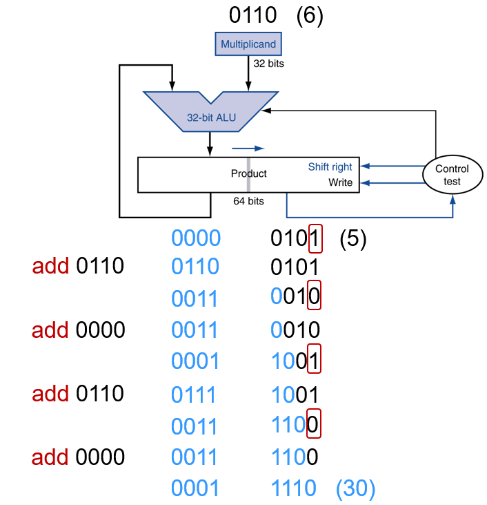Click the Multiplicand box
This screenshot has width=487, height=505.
click(248, 44)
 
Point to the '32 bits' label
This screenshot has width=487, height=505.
click(269, 64)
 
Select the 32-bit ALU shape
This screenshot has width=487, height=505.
click(210, 110)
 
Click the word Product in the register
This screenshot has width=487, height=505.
click(248, 173)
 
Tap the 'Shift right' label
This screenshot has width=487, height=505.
click(330, 166)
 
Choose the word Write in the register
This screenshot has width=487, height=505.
click(341, 183)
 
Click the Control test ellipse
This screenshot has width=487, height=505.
click(453, 175)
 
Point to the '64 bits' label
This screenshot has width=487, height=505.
click(248, 201)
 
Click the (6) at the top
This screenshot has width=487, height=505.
click(309, 15)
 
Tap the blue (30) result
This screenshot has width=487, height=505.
click(355, 488)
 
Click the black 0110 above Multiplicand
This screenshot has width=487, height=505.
click(253, 15)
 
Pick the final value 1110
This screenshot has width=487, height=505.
click(294, 488)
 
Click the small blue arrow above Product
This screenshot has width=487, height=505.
click(248, 148)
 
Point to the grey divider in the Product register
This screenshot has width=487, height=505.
click(248, 175)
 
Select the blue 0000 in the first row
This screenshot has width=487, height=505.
click(196, 239)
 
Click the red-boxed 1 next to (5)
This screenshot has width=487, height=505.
click(315, 239)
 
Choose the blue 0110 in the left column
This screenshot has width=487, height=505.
click(195, 266)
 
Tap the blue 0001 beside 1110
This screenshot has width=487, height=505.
click(195, 488)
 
